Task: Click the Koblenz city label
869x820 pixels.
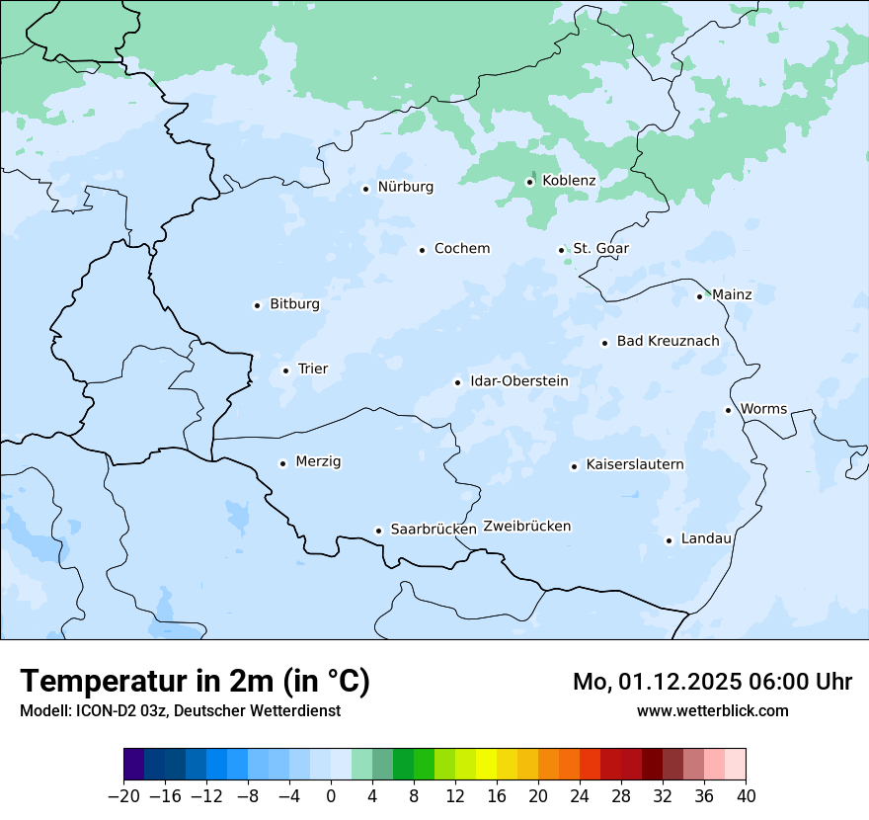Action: point(569,181)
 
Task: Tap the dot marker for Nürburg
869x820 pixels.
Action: point(365,188)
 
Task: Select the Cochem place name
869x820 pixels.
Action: point(461,249)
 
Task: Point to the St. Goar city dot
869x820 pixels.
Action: point(561,250)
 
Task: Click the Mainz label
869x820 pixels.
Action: point(732,295)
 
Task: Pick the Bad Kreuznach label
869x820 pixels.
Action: point(668,342)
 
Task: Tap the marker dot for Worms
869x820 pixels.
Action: point(728,410)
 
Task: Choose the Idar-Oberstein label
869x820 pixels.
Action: point(518,381)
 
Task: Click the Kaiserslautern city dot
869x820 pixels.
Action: point(574,466)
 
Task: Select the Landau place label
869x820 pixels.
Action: point(706,539)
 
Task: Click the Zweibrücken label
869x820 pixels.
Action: point(526,527)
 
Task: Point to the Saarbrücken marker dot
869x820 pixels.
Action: point(378,531)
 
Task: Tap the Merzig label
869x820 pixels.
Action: point(318,462)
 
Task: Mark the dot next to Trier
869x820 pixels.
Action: point(285,370)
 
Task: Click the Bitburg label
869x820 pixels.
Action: point(294,304)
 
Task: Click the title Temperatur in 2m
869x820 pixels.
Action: point(195,682)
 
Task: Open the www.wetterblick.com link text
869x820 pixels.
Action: point(712,710)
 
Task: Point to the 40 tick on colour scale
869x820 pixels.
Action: point(746,796)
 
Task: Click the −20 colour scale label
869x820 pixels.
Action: point(123,796)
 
